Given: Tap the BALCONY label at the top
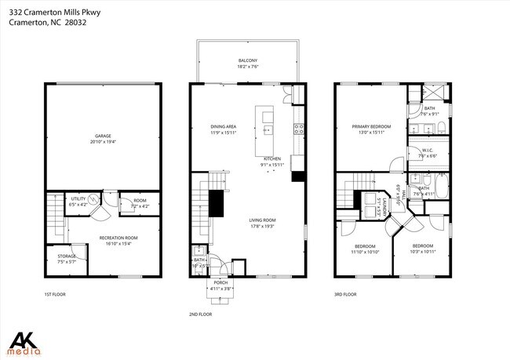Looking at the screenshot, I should coord(248,64).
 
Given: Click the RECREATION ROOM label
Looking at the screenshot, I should coord(118,240).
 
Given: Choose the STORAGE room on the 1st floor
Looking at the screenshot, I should coord(67,258).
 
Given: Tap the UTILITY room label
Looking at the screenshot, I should coord(79,202).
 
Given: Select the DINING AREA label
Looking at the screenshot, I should coord(224,129).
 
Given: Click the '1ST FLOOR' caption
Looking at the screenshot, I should coord(55,295).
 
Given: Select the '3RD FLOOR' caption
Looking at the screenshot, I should coord(345,295).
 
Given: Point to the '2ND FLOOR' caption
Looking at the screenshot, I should coord(200,314).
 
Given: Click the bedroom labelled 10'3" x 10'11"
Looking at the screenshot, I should coord(423,249).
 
